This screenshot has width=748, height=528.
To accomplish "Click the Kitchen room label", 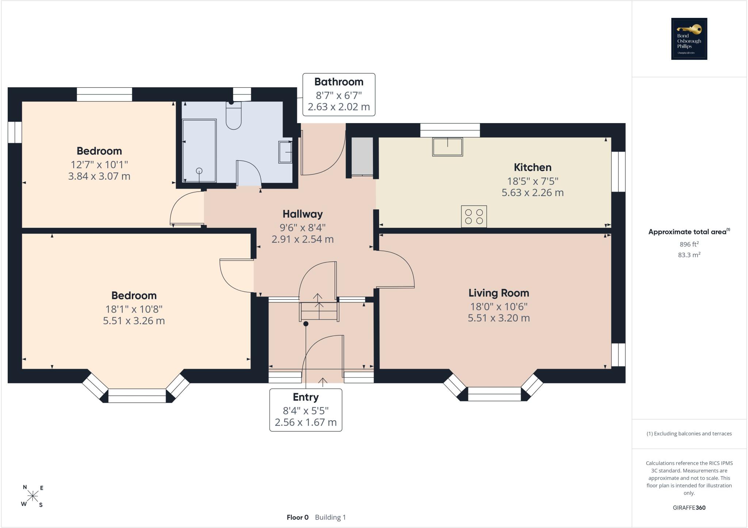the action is click(x=533, y=167).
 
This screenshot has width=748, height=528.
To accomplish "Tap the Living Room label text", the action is click(x=499, y=293).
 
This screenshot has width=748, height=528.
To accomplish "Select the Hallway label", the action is click(x=302, y=214).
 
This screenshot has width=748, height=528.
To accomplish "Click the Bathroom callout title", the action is click(x=339, y=82).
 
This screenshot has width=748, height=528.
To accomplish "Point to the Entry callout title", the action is click(x=306, y=397).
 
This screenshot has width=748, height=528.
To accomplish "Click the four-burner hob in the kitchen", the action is click(x=474, y=217).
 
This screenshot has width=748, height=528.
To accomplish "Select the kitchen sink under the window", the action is click(x=447, y=147).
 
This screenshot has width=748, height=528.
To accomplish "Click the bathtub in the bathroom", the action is click(x=199, y=151).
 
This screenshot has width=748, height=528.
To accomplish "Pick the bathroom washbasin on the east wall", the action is click(x=286, y=152).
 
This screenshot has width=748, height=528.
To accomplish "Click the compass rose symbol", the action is click(x=33, y=496).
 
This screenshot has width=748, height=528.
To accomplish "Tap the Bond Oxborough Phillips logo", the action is click(x=689, y=39).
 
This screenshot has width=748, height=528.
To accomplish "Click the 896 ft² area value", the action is click(x=689, y=244).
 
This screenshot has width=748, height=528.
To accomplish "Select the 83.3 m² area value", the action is click(x=689, y=255).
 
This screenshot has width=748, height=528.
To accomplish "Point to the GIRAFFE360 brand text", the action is click(x=689, y=508).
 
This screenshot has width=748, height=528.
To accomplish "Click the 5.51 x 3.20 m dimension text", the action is click(x=499, y=318).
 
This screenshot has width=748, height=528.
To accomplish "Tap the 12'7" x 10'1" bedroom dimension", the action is click(x=99, y=164).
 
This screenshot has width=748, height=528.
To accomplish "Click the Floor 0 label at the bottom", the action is click(x=298, y=517).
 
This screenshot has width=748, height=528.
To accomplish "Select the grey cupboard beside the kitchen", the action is click(x=362, y=156).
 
